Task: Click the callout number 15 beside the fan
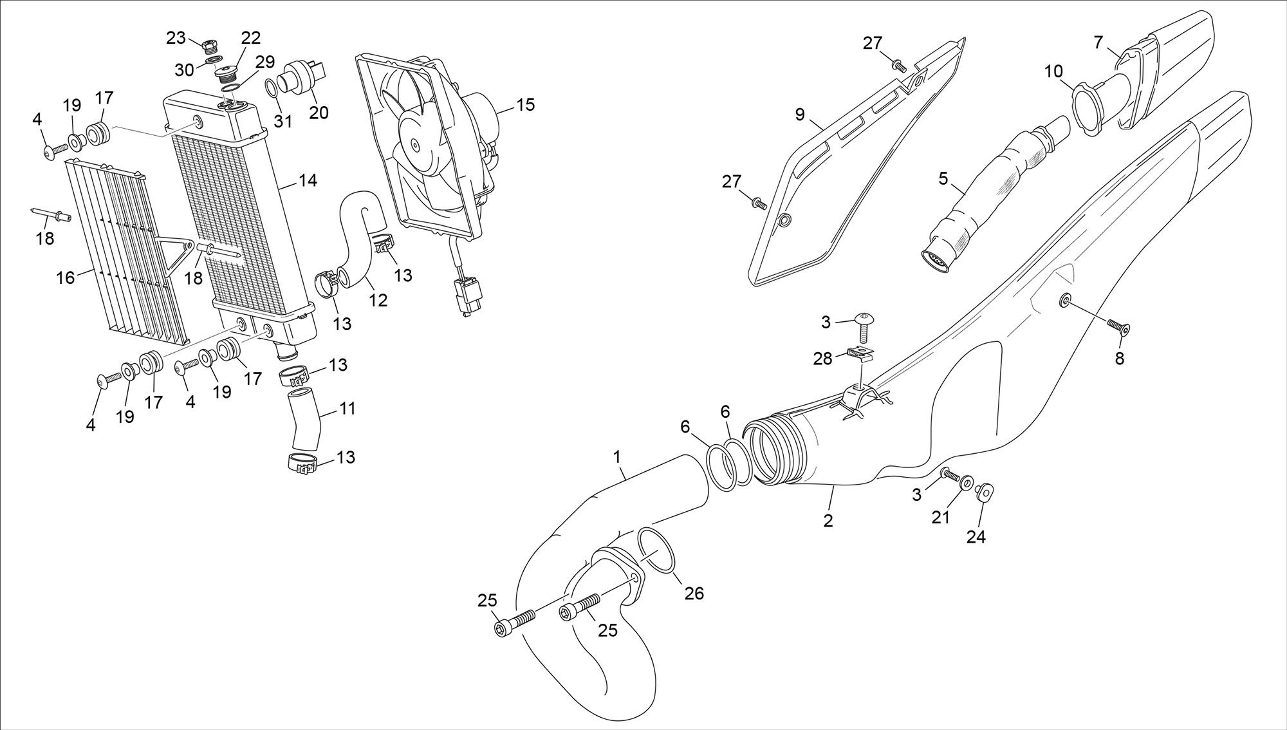(x=525, y=104)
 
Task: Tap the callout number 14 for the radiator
(x=308, y=181)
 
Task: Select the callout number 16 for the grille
(x=66, y=277)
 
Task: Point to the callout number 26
(x=694, y=592)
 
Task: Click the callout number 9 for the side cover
(x=800, y=115)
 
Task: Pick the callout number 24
(x=976, y=536)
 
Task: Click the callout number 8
(x=1120, y=359)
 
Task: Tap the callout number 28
(x=822, y=359)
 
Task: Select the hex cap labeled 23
(x=208, y=46)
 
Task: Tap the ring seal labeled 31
(x=273, y=88)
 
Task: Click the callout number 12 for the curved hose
(x=378, y=299)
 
